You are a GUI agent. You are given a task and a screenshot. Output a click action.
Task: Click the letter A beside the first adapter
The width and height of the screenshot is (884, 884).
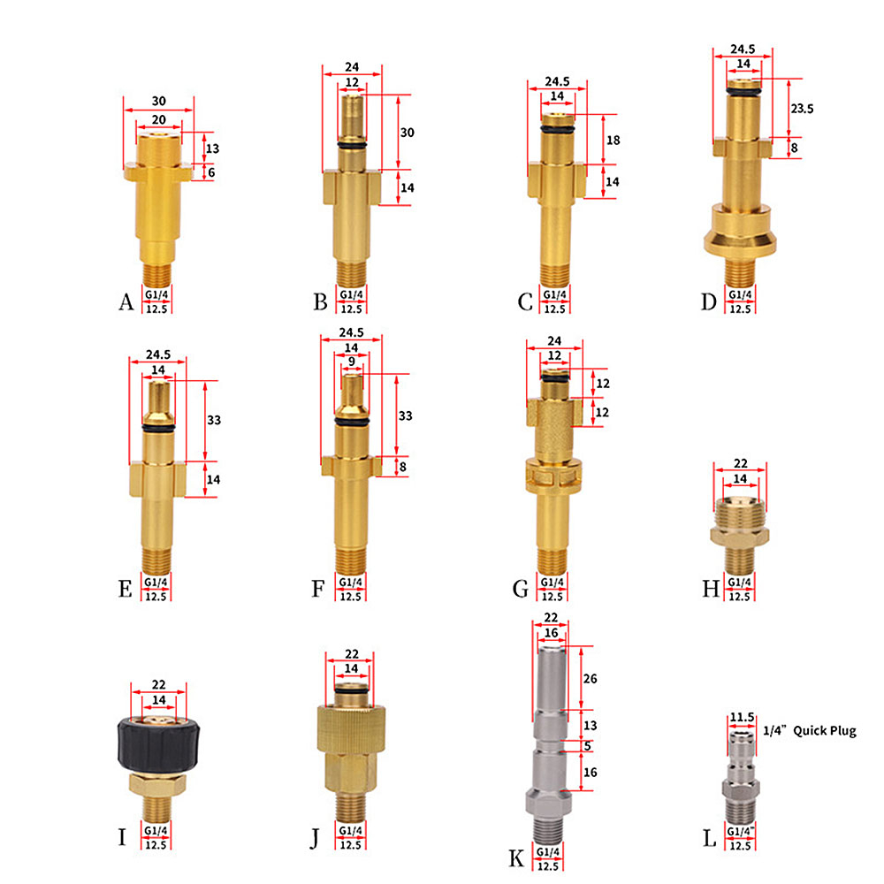coord(126,301)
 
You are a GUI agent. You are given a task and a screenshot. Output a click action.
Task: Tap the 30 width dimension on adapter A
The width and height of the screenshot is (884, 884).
coord(159,101)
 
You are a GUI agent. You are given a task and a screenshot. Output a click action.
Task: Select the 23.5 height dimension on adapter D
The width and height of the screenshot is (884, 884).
coord(802,108)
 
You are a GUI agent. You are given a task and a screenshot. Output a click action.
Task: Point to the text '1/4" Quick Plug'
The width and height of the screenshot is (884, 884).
coord(810,731)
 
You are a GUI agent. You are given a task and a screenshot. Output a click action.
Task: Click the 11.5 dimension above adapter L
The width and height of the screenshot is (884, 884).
coord(742,717)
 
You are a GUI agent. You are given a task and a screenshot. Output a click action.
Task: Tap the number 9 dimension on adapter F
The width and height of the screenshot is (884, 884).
coord(352,362)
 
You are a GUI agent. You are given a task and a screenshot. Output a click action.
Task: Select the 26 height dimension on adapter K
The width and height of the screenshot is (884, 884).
coord(590,678)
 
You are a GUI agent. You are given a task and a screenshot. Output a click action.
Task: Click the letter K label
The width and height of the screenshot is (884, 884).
coord(516,858)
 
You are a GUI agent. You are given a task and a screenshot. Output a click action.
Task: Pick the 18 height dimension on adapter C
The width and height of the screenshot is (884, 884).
coord(613,140)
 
